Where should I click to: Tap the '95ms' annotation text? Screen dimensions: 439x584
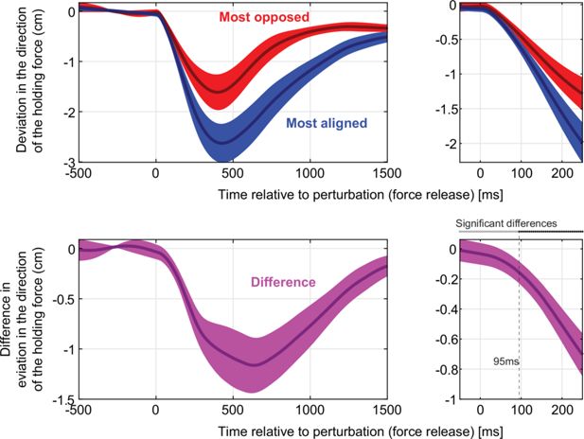pos(507,361)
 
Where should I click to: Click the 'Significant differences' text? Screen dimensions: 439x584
pos(506,224)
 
